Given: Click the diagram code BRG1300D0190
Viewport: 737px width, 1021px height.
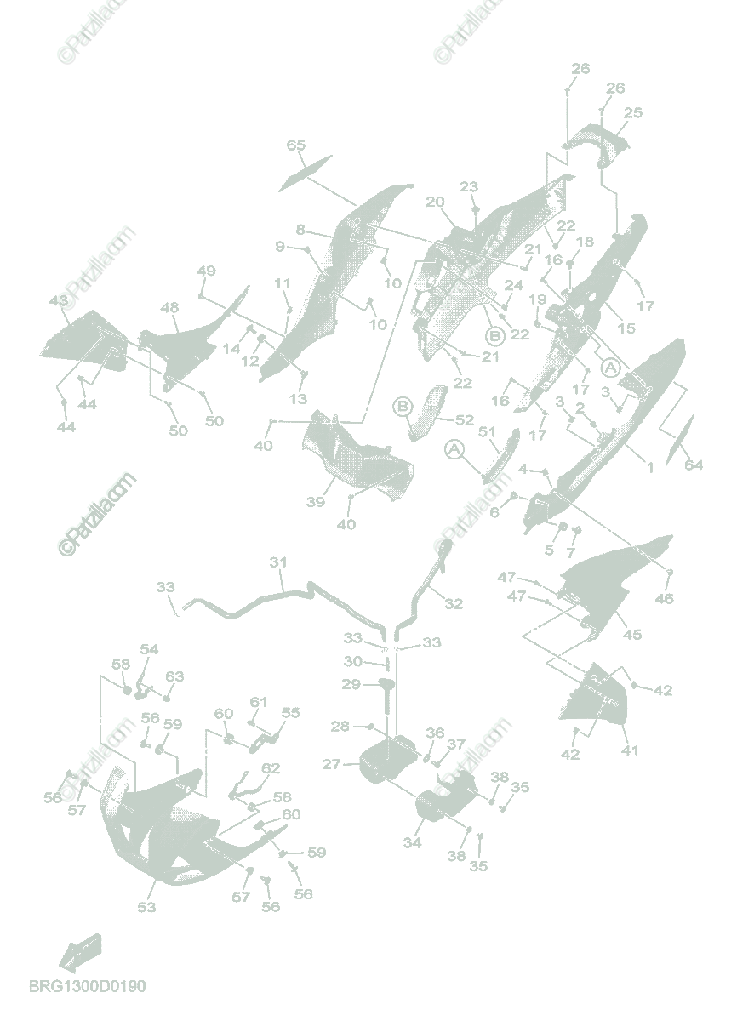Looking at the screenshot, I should [88, 986].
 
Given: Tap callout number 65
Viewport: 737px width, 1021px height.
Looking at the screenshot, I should [295, 145].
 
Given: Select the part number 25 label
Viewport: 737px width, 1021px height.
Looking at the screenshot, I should [632, 112].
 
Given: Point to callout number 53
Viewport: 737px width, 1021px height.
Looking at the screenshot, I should [146, 907].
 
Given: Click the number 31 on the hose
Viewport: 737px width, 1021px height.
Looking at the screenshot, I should [279, 562].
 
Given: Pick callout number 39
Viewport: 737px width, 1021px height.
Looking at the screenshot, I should [316, 502].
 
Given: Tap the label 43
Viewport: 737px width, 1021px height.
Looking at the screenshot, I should [59, 301].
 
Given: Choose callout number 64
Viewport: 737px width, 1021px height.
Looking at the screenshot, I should [694, 465].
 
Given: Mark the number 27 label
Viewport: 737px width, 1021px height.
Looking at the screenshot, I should [331, 765].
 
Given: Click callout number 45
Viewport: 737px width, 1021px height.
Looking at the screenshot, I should [632, 635].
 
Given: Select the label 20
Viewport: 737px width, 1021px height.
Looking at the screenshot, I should [435, 202].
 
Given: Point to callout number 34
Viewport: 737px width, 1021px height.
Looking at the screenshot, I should [412, 842].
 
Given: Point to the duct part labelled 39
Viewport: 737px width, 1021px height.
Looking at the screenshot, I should [357, 455].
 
